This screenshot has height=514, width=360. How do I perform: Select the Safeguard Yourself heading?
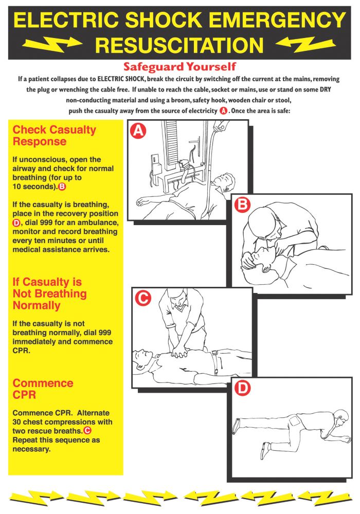point(179,67)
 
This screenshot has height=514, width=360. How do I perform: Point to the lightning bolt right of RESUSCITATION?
point(307,44)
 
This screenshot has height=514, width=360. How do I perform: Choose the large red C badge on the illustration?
point(142,298)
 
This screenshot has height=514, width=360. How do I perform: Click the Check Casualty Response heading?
point(54,136)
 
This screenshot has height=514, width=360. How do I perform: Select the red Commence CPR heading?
point(43,389)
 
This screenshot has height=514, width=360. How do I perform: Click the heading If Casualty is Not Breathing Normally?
point(49,293)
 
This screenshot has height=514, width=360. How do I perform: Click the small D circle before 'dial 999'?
point(16,223)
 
